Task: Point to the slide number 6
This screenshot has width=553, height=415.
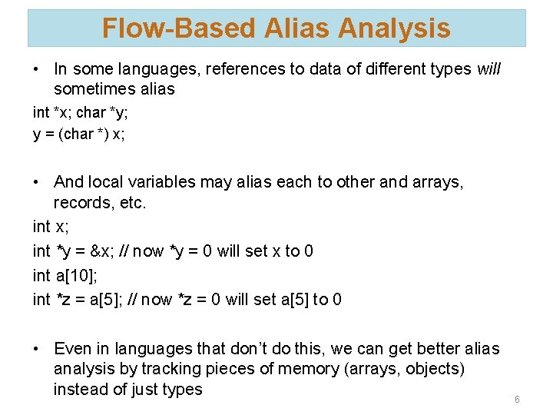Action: point(517,400)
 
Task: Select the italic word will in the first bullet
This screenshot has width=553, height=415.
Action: point(488,69)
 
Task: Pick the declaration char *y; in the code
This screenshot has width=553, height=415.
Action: point(102,112)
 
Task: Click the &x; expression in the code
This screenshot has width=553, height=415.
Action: point(97,251)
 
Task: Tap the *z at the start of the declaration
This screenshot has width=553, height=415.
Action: point(64,299)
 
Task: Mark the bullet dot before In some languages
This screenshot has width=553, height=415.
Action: point(37,69)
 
